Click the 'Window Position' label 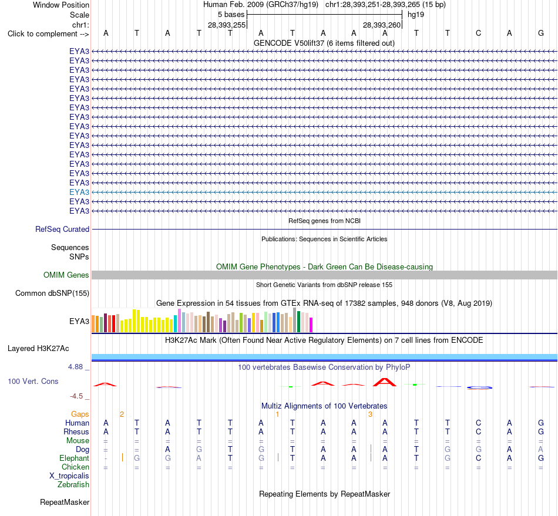[61, 5]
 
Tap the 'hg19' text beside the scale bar [416, 15]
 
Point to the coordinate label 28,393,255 [227, 25]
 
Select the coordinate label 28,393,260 [382, 25]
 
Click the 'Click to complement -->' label [48, 34]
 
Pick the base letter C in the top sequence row [478, 33]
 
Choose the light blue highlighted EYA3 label [79, 192]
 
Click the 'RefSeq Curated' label [62, 229]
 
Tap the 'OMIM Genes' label [66, 275]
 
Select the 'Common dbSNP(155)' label [52, 293]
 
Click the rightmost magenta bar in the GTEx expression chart [311, 325]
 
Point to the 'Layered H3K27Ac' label [38, 349]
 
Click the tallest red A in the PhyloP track [385, 382]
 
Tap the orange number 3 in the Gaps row [370, 414]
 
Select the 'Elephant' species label [74, 458]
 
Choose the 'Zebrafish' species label [73, 484]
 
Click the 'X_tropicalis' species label [69, 476]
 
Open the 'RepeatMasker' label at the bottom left [65, 502]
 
